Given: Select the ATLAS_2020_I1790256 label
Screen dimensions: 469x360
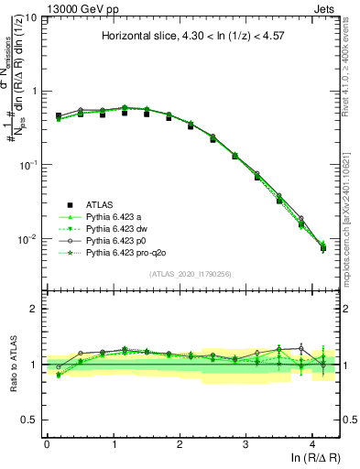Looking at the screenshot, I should pos(190,274).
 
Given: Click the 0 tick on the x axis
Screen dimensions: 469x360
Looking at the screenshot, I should pos(47,443).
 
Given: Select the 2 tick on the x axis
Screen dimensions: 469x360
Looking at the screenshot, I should pos(180,443).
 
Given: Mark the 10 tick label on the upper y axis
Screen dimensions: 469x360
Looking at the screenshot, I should pos(29,18).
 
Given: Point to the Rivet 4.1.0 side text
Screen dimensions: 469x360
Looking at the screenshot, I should pos(352,64).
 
